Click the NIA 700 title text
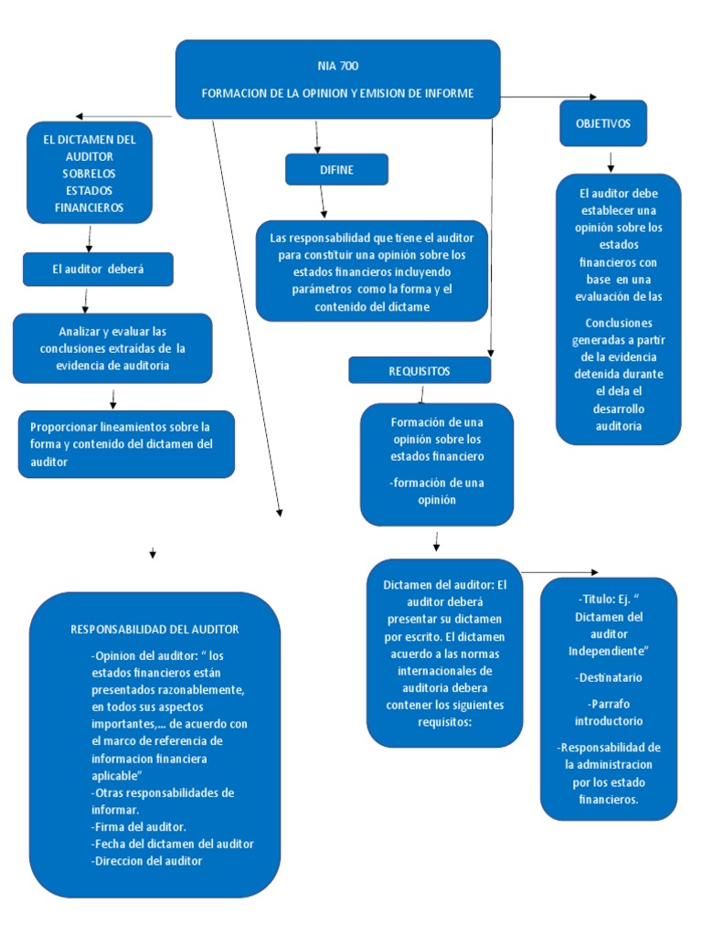337,66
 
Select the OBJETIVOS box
603,123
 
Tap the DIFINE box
336,170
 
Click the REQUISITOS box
420,370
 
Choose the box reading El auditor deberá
98,269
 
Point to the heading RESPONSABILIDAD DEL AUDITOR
154,629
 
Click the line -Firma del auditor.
139,826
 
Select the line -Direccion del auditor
146,860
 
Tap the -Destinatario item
609,677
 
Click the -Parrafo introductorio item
609,712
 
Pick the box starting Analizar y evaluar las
112,347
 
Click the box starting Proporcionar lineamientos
126,443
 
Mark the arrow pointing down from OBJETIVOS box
611,161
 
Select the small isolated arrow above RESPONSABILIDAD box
153,554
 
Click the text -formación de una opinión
436,491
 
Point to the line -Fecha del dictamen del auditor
173,844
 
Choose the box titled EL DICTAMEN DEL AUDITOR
90,174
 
